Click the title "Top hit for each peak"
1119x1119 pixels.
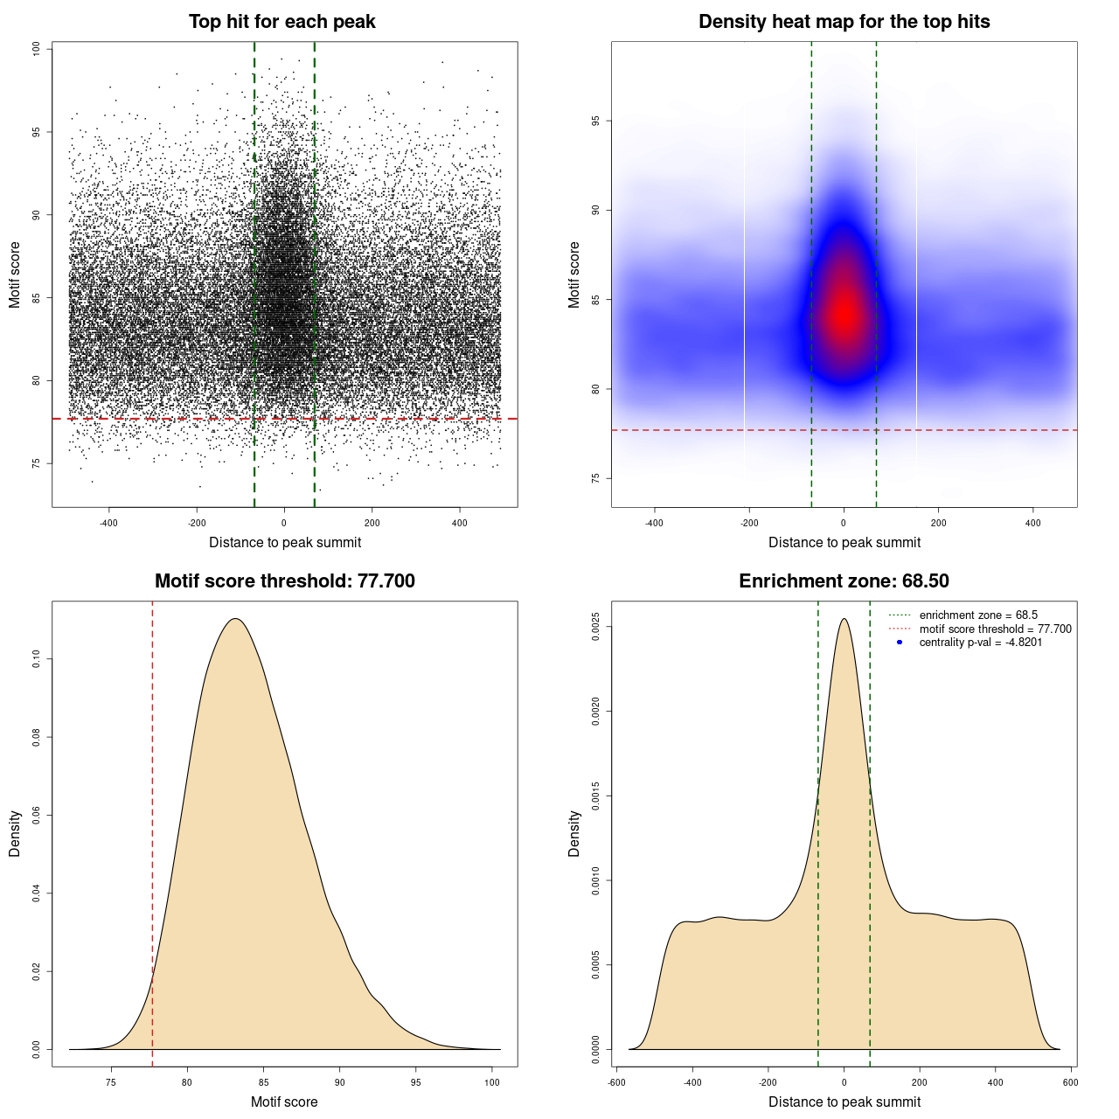click(281, 22)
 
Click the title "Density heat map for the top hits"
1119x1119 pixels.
click(844, 22)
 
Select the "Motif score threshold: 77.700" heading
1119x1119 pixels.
click(284, 581)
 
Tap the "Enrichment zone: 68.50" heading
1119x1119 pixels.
click(844, 581)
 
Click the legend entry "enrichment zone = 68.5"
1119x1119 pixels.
click(977, 615)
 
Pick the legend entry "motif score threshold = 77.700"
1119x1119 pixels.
click(995, 629)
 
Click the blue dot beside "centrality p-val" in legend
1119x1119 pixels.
click(900, 643)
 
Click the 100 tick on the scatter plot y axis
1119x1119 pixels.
click(37, 49)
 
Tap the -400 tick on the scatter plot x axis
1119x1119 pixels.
click(109, 523)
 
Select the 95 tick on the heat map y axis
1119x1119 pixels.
click(596, 121)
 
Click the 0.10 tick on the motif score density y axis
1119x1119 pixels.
click(37, 659)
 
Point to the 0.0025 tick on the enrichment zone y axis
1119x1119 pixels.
click(596, 627)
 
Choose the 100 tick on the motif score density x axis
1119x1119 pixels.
click(492, 1082)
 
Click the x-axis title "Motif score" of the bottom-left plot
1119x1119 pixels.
click(284, 1102)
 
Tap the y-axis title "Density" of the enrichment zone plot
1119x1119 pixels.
click(574, 833)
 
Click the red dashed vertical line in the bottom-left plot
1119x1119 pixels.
click(152, 831)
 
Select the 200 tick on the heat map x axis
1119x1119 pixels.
click(938, 523)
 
